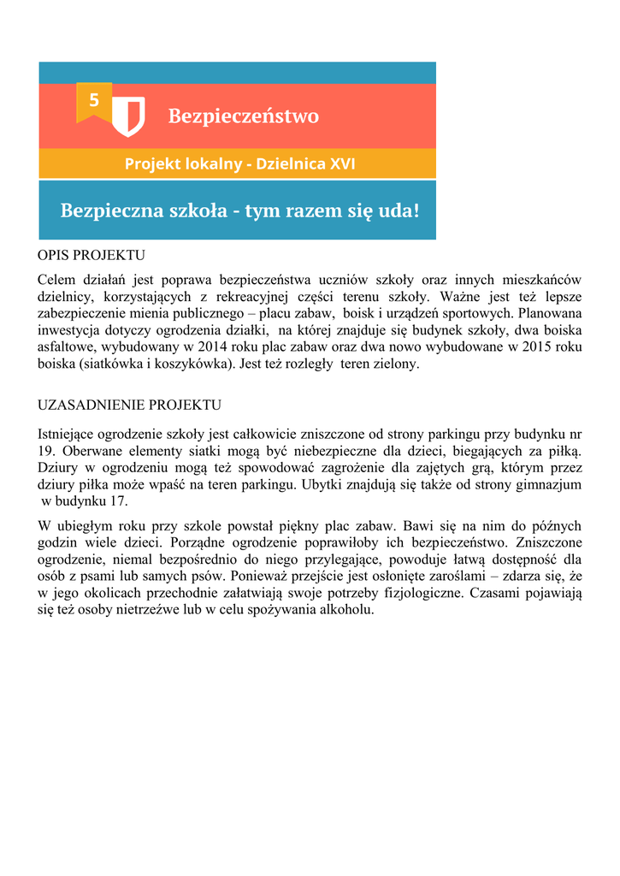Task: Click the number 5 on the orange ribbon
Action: coord(93,101)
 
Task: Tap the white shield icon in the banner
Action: coord(131,115)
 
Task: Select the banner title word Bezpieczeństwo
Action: coord(243,115)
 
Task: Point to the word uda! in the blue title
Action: coord(399,210)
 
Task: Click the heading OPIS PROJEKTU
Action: coord(92,256)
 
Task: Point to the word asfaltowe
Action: coord(69,347)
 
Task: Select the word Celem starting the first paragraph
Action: coord(56,280)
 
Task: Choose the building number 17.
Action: coord(120,500)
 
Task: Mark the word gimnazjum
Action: coord(546,484)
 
